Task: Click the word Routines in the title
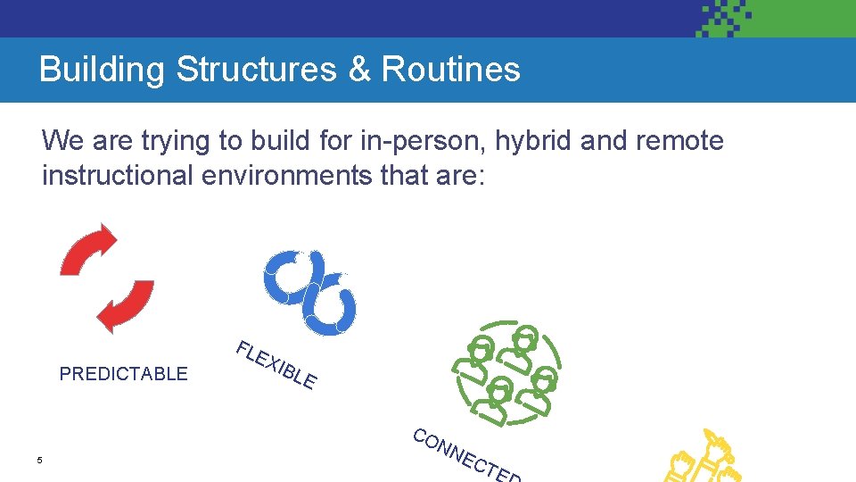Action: tap(450, 70)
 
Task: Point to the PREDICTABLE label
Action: tap(123, 374)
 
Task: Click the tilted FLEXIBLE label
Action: tap(276, 366)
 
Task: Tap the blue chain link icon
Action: tap(310, 291)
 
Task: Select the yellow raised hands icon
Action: tap(704, 460)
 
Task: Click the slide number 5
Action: tap(39, 461)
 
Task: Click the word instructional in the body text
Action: tap(117, 175)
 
